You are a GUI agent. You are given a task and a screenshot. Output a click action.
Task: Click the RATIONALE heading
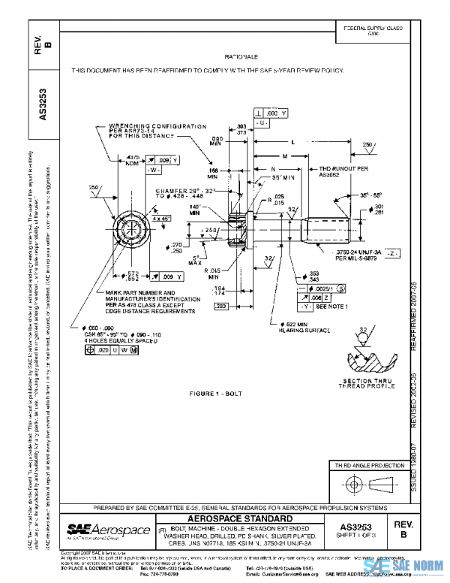(241, 57)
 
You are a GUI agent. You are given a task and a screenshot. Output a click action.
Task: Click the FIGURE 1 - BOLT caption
(217, 392)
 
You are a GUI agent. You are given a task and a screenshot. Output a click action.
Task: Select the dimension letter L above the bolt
(313, 141)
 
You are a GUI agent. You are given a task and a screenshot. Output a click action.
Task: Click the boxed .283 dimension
(221, 307)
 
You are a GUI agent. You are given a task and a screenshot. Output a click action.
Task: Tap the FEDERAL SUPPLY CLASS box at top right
(373, 31)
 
